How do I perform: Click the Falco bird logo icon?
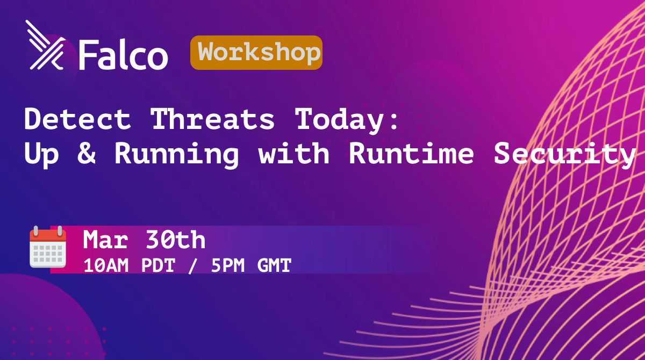[x=45, y=45]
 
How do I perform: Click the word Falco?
[x=123, y=54]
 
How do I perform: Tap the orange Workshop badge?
[x=256, y=53]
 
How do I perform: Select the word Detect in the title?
[x=78, y=119]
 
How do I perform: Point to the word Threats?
[x=212, y=119]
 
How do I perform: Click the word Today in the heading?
[x=339, y=120]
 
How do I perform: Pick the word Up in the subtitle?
[x=42, y=155]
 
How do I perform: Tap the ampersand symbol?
[x=87, y=153]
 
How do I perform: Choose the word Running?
[x=177, y=155]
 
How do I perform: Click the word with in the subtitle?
[x=293, y=153]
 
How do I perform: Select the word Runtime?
[x=412, y=153]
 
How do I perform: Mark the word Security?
[x=565, y=155]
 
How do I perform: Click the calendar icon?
[x=48, y=247]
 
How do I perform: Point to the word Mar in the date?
[x=105, y=240]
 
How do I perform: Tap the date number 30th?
[x=175, y=240]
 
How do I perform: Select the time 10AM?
[x=106, y=265]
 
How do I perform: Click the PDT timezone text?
[x=158, y=265]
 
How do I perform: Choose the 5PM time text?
[x=228, y=265]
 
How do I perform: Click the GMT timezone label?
[x=274, y=265]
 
